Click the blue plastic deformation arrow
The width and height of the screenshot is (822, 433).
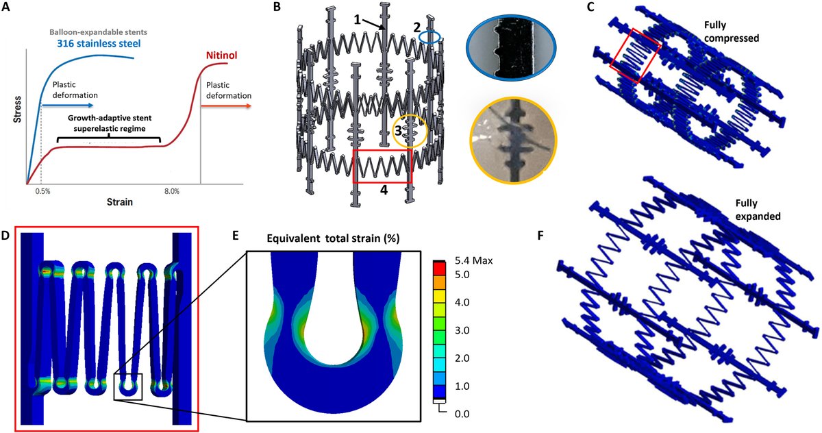click(x=68, y=107)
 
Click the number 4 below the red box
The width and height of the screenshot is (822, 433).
click(x=384, y=190)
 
